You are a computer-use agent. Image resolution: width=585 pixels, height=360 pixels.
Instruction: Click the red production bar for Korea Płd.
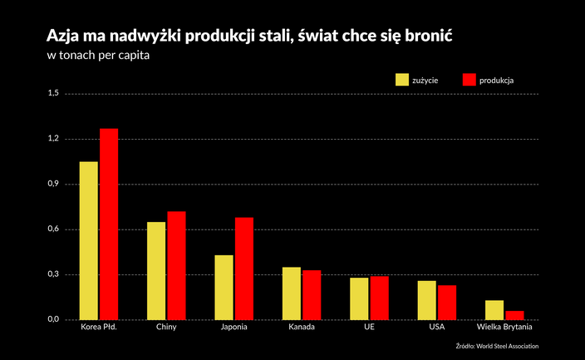[x=109, y=224]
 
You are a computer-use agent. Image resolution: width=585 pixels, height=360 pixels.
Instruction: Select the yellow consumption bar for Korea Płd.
[x=89, y=241]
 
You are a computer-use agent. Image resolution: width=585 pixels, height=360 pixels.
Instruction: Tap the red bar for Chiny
[x=176, y=265]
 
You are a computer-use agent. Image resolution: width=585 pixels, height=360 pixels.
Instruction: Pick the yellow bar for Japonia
[x=224, y=287]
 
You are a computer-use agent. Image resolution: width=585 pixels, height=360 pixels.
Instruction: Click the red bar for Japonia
[x=244, y=269]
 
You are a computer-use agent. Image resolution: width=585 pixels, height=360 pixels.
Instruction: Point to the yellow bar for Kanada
[x=292, y=293]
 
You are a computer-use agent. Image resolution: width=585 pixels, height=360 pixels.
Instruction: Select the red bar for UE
[x=379, y=298]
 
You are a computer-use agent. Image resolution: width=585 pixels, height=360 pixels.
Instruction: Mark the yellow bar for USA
[x=426, y=300]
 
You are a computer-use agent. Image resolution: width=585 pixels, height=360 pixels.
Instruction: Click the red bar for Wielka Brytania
[x=514, y=315]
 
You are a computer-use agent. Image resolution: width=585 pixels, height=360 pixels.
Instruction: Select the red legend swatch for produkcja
[x=468, y=80]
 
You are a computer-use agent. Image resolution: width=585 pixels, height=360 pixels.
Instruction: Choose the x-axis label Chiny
[x=166, y=327]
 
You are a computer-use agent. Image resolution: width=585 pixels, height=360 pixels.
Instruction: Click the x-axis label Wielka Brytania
[x=504, y=327]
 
